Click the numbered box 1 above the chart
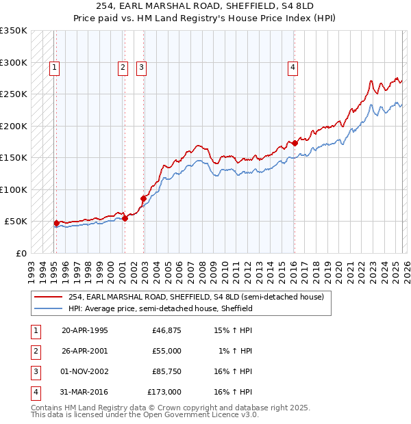coord(53,67)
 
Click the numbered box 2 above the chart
coord(122,67)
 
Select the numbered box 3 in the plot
coord(140,67)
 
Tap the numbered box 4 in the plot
coord(292,67)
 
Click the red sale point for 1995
coord(56,223)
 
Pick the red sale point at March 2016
coord(295,143)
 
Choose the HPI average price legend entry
coord(160,308)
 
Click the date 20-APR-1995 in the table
coord(85,331)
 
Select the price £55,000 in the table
coord(166,351)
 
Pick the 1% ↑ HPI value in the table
coord(234,351)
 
